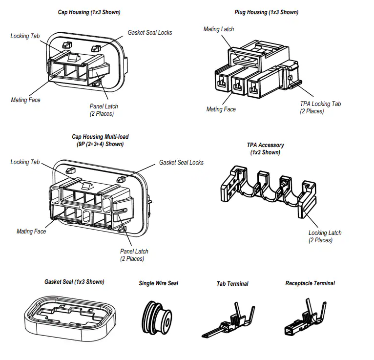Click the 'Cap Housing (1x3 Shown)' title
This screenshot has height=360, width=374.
pos(89,12)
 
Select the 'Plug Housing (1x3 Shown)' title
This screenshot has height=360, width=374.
pos(267,12)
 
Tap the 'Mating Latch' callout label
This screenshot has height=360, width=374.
pos(219,29)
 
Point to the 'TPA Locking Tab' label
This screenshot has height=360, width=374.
pos(321,104)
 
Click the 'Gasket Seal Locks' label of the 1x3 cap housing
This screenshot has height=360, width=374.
pos(150,32)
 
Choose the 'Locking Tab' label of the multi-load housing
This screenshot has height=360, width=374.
pos(25,162)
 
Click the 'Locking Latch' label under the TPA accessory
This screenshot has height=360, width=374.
pos(325,233)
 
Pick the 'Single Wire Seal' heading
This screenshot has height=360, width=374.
pos(158,283)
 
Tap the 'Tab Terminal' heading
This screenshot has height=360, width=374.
pos(232,284)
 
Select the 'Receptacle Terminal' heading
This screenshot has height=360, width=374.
pos(310,283)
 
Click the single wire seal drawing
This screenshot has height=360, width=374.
pos(157,318)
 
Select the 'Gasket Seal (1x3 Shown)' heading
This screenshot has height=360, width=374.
pos(74,282)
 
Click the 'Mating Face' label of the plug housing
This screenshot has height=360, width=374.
pos(221,109)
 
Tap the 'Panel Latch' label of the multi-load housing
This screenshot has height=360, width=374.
pos(134,251)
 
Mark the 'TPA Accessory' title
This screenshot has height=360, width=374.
pos(266,145)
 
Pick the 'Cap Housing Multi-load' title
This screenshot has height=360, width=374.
pos(100,137)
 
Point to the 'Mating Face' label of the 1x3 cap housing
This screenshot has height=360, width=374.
pos(26,100)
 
